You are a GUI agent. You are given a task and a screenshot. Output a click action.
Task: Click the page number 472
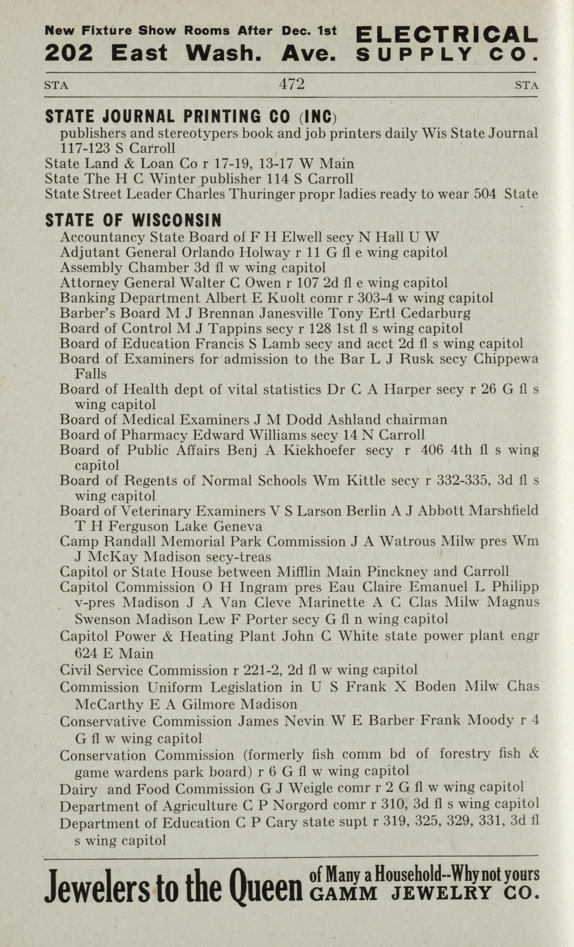(x=292, y=84)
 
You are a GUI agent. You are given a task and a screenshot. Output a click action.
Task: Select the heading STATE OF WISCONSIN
(x=133, y=220)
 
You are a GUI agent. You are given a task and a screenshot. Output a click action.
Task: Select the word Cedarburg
(x=436, y=313)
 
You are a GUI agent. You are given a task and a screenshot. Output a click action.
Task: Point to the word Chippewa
(x=505, y=358)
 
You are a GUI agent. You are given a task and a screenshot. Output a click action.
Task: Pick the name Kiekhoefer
(x=319, y=450)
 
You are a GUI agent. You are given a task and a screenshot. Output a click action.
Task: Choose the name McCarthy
(x=109, y=704)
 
